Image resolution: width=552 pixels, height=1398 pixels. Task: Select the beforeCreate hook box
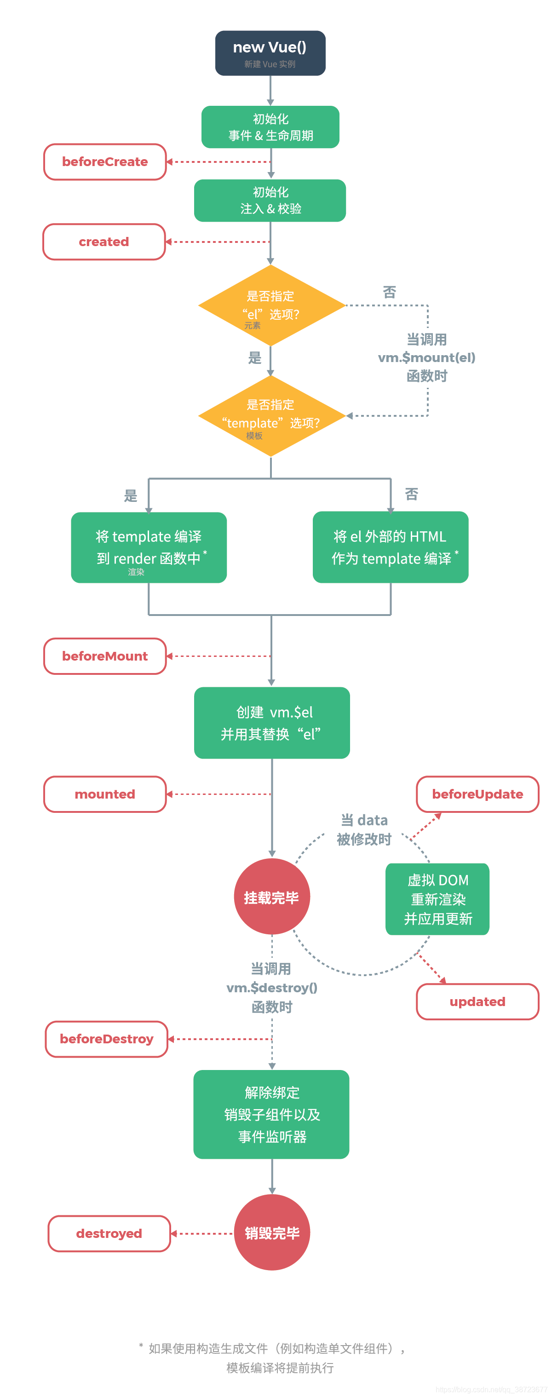[105, 162]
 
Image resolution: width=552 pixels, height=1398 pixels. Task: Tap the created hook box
[103, 242]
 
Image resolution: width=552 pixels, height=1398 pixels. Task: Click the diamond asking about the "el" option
[271, 305]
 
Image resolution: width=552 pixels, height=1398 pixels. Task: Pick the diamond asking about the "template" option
[271, 416]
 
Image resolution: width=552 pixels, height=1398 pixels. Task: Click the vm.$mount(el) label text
[426, 357]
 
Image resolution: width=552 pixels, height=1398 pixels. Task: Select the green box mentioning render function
[149, 547]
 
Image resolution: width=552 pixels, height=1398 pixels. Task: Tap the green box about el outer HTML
[390, 547]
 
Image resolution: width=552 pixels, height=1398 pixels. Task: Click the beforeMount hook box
[105, 656]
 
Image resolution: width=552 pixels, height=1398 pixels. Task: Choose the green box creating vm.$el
[272, 723]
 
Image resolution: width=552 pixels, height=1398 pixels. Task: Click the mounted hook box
[105, 794]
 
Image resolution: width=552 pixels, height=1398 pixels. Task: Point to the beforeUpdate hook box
[477, 794]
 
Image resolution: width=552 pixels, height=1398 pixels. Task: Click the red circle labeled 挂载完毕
[271, 897]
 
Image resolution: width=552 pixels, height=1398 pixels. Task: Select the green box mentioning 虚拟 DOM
[437, 899]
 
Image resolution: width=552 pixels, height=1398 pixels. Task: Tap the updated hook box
[477, 1002]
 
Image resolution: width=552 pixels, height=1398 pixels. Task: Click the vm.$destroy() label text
[271, 988]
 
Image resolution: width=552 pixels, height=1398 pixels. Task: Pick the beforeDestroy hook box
[106, 1039]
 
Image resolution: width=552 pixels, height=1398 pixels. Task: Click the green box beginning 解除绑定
[271, 1114]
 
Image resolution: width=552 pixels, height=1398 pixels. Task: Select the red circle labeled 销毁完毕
[272, 1233]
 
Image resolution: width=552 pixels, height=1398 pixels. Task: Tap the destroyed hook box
[109, 1234]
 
